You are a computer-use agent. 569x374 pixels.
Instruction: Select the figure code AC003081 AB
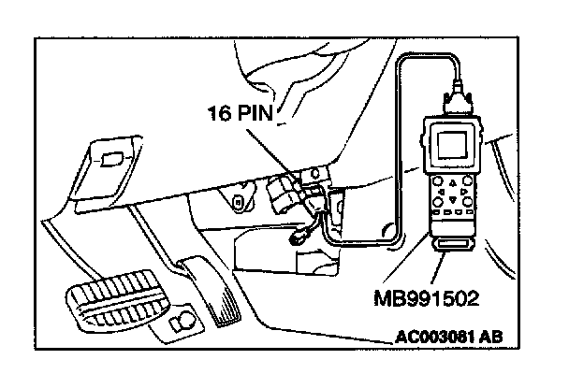point(464,340)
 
